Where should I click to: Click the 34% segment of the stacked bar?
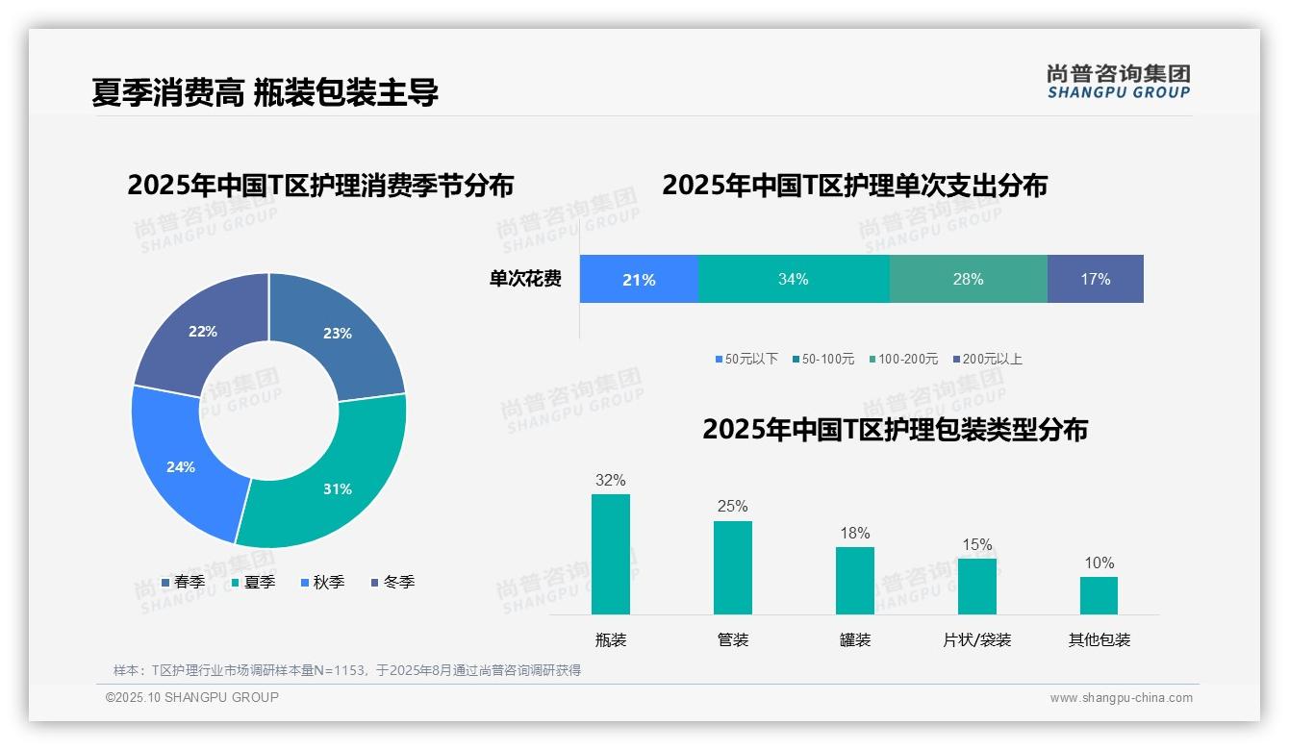(x=793, y=280)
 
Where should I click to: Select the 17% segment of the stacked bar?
(x=1095, y=280)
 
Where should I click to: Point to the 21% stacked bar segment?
(x=639, y=280)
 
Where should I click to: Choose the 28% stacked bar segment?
(x=968, y=280)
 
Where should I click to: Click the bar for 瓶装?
(x=610, y=554)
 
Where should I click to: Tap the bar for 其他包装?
(x=1099, y=595)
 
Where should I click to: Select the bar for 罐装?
(x=854, y=581)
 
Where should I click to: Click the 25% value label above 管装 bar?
(x=732, y=507)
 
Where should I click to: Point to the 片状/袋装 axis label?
(x=976, y=639)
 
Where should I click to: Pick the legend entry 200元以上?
(x=992, y=359)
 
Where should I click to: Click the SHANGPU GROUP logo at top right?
(x=1118, y=82)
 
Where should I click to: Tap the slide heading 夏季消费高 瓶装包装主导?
(x=265, y=92)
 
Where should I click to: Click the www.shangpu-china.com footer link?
(x=1121, y=698)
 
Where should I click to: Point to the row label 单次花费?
(x=525, y=280)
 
